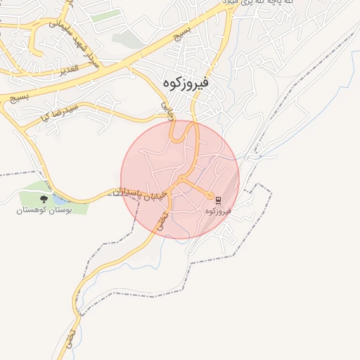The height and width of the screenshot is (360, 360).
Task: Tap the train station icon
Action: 218,200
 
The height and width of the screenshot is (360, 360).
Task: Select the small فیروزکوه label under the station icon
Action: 219,211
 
